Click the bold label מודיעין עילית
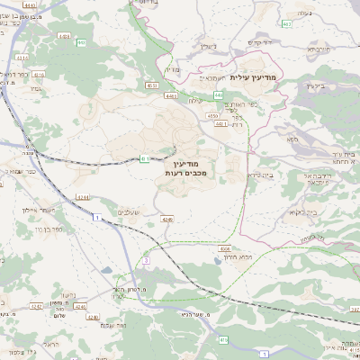pos(256,77)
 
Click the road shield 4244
pos(83,196)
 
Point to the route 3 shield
pos(145,260)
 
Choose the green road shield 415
pos(221,338)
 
